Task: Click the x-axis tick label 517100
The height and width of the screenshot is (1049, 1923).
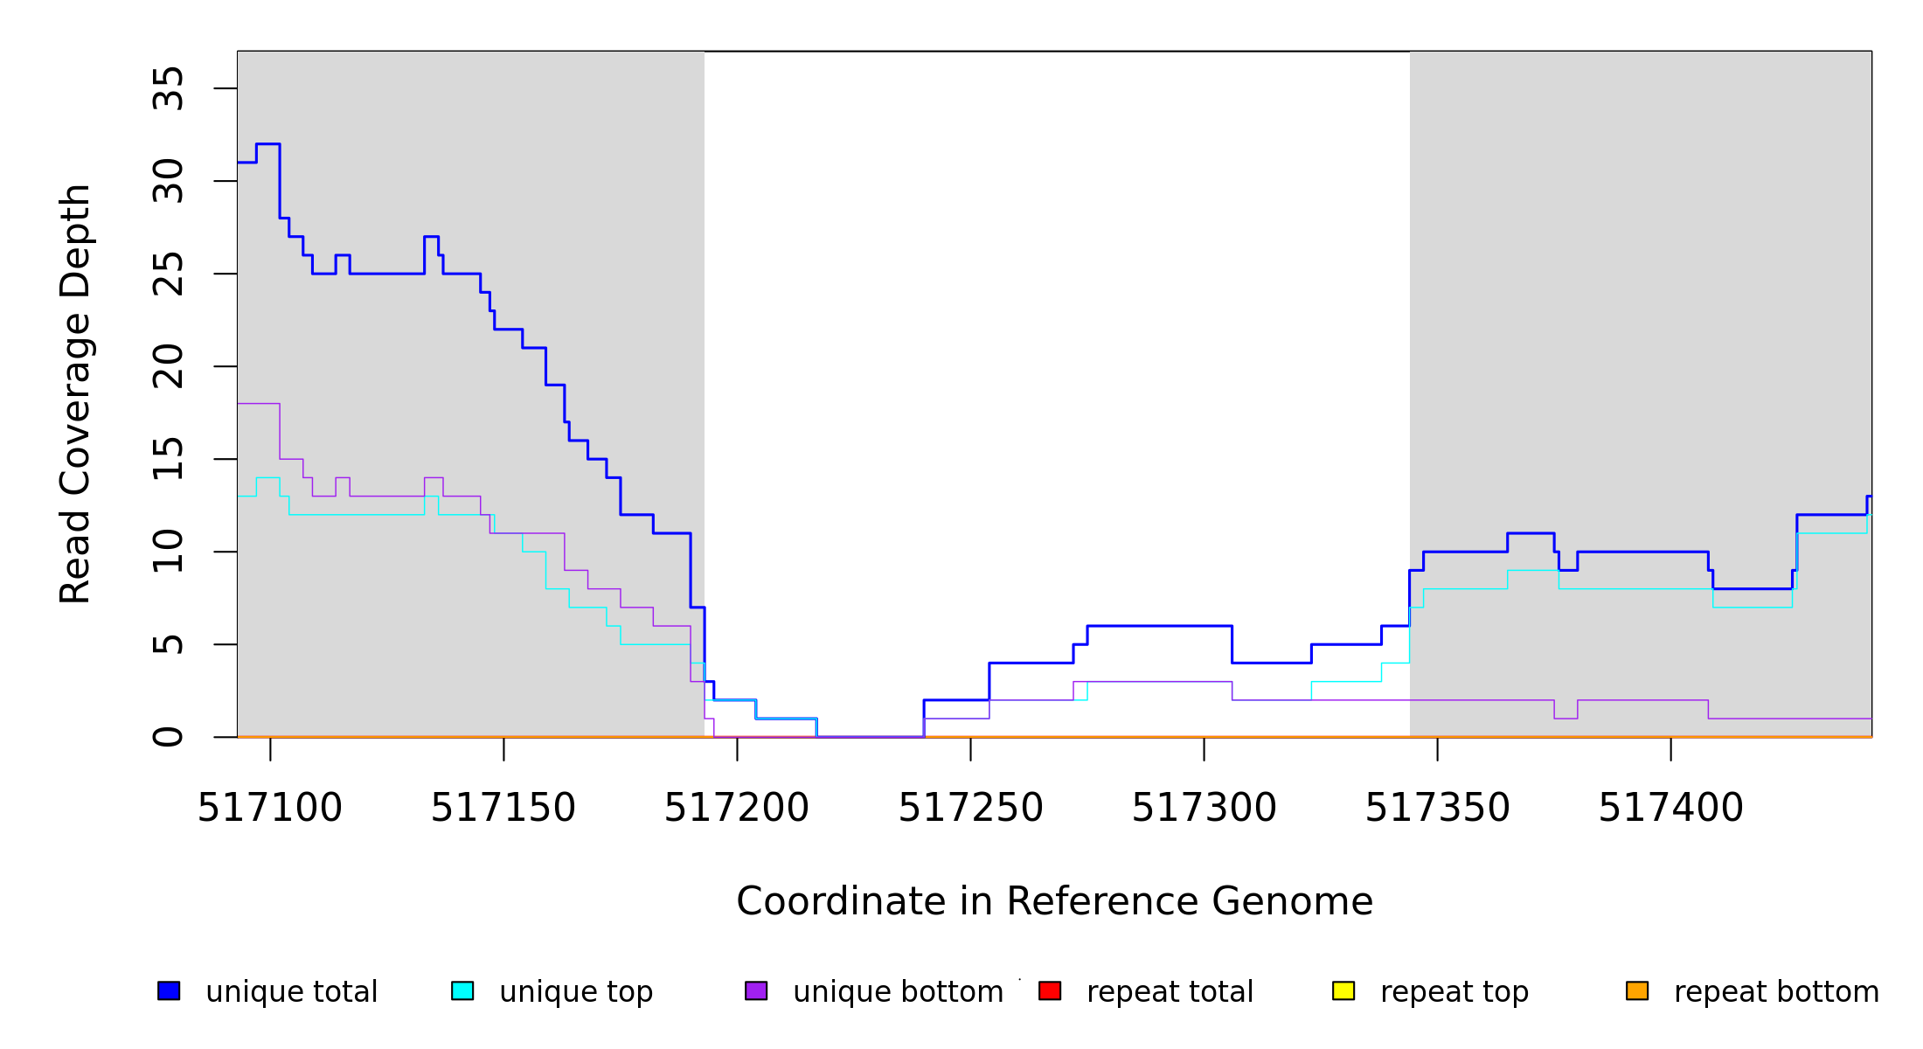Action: pos(269,809)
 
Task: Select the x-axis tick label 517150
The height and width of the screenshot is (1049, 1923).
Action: pos(503,809)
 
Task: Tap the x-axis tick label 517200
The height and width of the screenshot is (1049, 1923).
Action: pos(736,809)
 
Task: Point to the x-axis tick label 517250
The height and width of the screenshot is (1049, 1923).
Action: pos(970,809)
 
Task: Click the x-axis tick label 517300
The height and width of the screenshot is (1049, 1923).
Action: pos(1204,809)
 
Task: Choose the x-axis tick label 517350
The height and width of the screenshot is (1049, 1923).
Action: pos(1437,809)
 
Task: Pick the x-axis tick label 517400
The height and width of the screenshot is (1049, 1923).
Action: pos(1670,809)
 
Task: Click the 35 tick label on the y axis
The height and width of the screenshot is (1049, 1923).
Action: pos(168,88)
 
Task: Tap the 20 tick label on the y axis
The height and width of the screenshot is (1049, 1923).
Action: pos(168,366)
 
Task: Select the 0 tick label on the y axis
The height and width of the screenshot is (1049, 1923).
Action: pos(168,737)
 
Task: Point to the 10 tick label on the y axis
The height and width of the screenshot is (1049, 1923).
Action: pos(168,552)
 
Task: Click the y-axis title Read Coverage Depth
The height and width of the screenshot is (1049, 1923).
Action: pos(75,393)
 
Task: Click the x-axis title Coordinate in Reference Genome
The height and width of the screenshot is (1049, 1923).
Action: pos(1054,902)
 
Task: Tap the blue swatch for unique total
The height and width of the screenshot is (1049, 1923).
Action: pos(169,990)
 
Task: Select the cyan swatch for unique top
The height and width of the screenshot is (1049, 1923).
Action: pos(462,990)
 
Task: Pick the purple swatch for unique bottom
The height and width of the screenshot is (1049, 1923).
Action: pos(756,990)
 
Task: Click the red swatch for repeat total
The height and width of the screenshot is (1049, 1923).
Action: pos(1050,990)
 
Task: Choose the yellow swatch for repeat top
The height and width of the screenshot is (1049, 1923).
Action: pos(1343,990)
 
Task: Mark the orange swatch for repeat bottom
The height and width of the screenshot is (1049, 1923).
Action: pos(1637,990)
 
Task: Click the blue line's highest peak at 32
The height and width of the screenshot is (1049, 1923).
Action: pos(267,144)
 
